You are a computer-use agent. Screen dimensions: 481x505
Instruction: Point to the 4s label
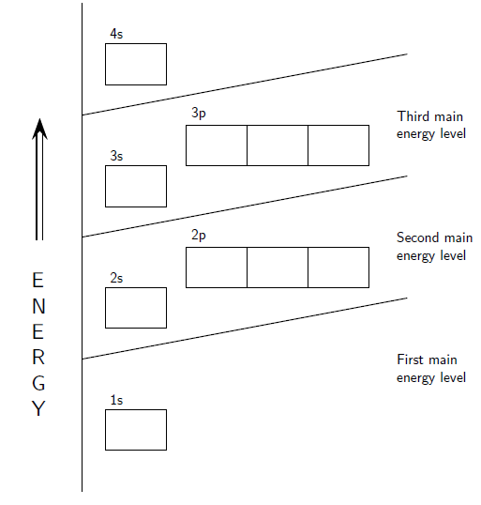click(116, 34)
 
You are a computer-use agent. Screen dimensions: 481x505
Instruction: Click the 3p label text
click(199, 114)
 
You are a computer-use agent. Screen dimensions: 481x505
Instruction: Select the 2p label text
click(199, 236)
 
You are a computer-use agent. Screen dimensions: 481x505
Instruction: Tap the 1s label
click(116, 400)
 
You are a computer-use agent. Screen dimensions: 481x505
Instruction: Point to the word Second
click(417, 237)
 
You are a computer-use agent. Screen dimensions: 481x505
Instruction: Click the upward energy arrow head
click(39, 129)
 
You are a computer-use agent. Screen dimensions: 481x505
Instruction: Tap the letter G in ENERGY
click(38, 383)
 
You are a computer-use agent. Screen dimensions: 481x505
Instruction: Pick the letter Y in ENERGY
click(38, 408)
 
